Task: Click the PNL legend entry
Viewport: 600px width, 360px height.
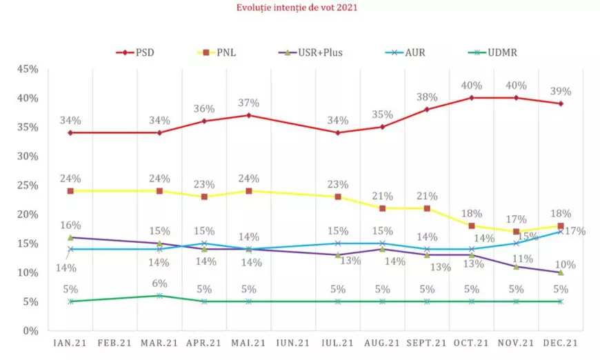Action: click(x=228, y=52)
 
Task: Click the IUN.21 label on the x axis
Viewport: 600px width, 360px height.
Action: click(x=294, y=342)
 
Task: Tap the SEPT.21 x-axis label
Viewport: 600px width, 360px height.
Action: click(x=427, y=342)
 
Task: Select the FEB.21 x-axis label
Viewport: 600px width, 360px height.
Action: click(x=114, y=342)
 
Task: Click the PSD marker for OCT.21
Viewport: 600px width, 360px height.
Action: click(x=472, y=98)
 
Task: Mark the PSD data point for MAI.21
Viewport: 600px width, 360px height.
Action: click(x=249, y=115)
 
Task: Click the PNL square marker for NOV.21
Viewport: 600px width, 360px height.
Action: click(x=517, y=232)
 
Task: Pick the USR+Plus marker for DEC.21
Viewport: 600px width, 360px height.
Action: click(x=561, y=272)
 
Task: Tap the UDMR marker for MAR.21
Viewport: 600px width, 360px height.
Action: click(x=159, y=296)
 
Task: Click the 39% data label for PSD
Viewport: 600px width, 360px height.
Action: click(x=561, y=91)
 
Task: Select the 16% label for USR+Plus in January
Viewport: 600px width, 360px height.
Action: click(x=70, y=225)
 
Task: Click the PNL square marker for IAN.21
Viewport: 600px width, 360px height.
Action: click(x=70, y=191)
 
